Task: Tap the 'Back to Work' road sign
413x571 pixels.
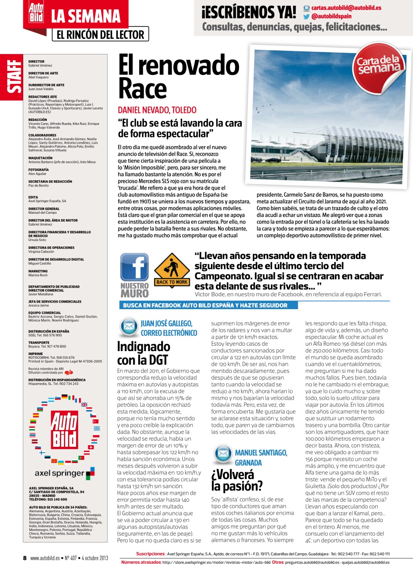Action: [x=171, y=269]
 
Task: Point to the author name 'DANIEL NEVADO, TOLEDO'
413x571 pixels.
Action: [x=157, y=110]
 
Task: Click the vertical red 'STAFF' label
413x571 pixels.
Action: [x=11, y=79]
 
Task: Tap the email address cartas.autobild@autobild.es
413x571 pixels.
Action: [x=346, y=8]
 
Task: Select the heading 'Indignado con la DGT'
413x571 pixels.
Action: [x=143, y=353]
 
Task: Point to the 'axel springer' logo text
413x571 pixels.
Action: [x=59, y=473]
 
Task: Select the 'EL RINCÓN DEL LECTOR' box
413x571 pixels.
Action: [x=100, y=35]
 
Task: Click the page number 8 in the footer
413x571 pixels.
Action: [x=25, y=558]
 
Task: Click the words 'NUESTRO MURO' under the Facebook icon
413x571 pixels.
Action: [x=135, y=290]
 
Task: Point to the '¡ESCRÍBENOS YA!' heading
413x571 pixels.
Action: [x=248, y=12]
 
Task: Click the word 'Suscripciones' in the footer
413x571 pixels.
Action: [x=150, y=554]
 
